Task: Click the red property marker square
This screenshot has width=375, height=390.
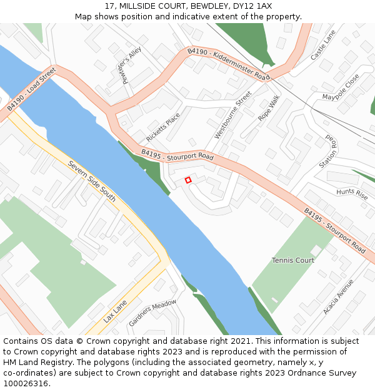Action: coord(188,180)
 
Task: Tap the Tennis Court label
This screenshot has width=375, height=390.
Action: coord(293,260)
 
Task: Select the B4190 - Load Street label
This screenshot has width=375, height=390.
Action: coord(32,90)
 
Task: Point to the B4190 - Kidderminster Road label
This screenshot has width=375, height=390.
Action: coord(228,64)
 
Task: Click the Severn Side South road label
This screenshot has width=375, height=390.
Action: coord(92,181)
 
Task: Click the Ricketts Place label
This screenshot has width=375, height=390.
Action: coord(162,127)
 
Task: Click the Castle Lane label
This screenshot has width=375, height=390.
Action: coord(323,44)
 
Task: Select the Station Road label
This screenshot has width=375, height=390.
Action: coord(328,152)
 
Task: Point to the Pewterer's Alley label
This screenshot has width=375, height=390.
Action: coord(132,64)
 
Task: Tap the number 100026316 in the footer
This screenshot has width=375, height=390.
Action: coord(25,383)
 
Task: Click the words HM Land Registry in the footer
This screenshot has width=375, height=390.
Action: coord(32,363)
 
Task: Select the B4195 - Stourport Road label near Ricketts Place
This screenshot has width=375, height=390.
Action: coord(177,155)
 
